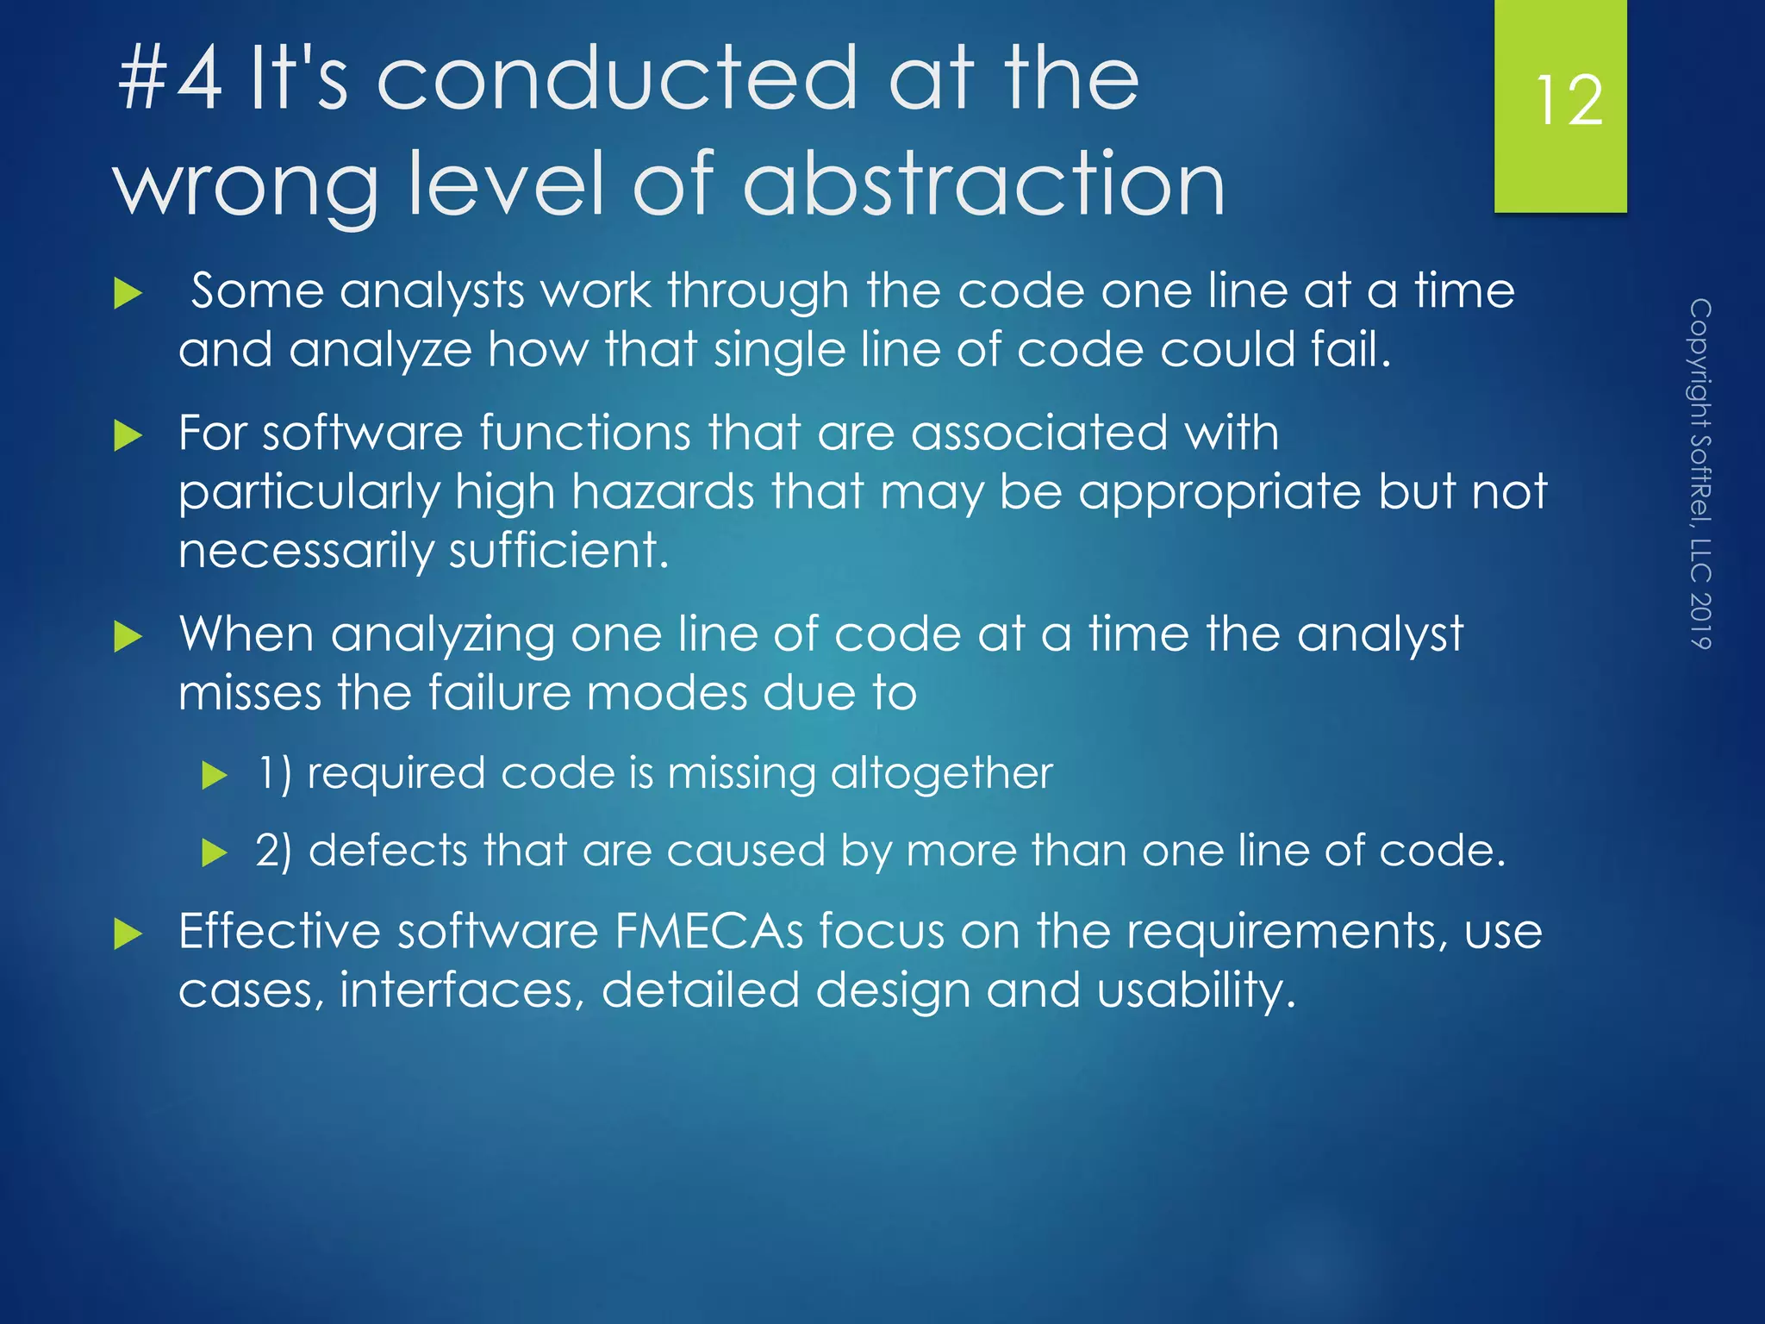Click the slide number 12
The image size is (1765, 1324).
click(x=1569, y=102)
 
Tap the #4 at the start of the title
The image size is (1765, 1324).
click(x=171, y=79)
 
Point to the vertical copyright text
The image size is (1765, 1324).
click(x=1700, y=473)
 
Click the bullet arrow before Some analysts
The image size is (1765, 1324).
click(x=128, y=293)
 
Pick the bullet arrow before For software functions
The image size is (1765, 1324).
click(x=128, y=435)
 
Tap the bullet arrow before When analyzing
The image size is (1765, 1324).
click(x=128, y=637)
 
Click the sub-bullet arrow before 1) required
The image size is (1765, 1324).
click(x=214, y=775)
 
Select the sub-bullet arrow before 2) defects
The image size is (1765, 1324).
click(x=214, y=852)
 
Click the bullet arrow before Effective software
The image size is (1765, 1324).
click(x=128, y=934)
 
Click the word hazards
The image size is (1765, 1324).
click(x=663, y=492)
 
